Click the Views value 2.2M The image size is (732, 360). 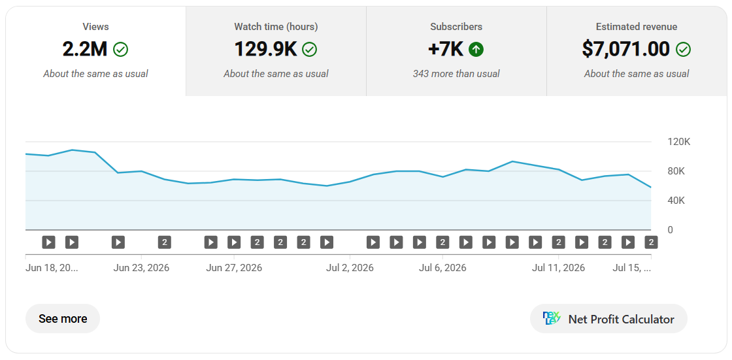pyautogui.click(x=84, y=49)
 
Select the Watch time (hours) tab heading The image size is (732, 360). pyautogui.click(x=276, y=27)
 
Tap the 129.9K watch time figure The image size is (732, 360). pyautogui.click(x=265, y=49)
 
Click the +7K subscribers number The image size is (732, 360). pyautogui.click(x=446, y=49)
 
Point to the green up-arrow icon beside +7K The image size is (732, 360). pyautogui.click(x=476, y=50)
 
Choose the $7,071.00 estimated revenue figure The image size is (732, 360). pyautogui.click(x=625, y=49)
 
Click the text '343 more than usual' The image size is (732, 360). pyautogui.click(x=456, y=74)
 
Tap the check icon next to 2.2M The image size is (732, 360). pyautogui.click(x=120, y=50)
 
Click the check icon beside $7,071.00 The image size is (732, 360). pyautogui.click(x=684, y=50)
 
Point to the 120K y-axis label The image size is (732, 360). pyautogui.click(x=679, y=142)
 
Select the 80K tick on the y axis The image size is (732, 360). pyautogui.click(x=676, y=171)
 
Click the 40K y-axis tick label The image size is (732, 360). pyautogui.click(x=676, y=201)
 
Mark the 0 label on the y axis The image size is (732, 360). pyautogui.click(x=671, y=230)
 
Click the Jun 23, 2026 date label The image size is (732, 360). pyautogui.click(x=141, y=268)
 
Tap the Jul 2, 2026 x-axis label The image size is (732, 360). pyautogui.click(x=350, y=268)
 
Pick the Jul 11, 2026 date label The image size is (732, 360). pyautogui.click(x=558, y=268)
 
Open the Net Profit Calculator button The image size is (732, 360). pyautogui.click(x=608, y=319)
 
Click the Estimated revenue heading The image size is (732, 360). pyautogui.click(x=637, y=27)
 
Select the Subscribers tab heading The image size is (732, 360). pyautogui.click(x=456, y=27)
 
